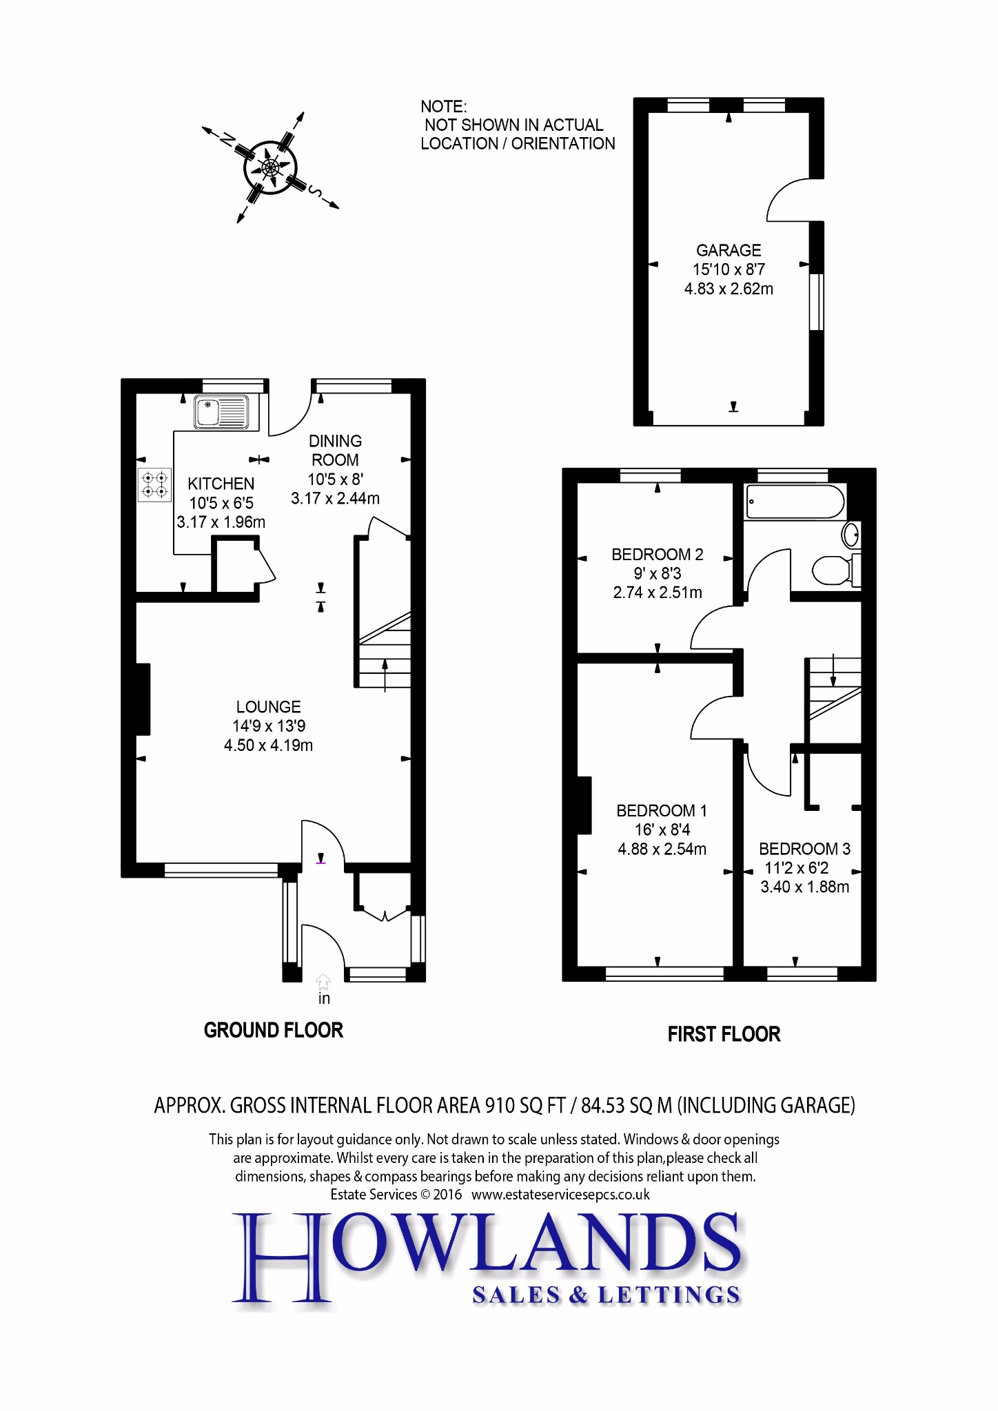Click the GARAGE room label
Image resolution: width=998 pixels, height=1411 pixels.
pos(729,251)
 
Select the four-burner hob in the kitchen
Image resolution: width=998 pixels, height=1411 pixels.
pos(154,484)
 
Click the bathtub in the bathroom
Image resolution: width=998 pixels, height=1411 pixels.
pos(795,502)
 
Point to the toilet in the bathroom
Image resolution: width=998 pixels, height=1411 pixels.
pos(834,570)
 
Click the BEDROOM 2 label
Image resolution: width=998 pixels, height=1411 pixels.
pos(657,555)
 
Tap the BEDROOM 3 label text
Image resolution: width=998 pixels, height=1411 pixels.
pos(804,849)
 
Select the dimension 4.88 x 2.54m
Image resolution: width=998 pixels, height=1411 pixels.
pos(662,849)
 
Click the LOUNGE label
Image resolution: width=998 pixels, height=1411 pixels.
pos(268,707)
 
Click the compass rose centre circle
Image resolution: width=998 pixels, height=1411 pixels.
pos(271,167)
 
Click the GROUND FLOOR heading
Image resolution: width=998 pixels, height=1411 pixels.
pos(273,1031)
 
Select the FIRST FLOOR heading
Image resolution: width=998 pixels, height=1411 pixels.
pos(724,1034)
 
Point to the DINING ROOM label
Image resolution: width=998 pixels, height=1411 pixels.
pos(335,450)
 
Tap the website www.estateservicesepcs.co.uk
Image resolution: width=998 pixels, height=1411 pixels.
pos(560,1195)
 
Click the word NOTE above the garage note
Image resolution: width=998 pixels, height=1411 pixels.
pos(443,107)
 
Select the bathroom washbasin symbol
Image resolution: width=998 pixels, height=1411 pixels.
pos(852,533)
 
